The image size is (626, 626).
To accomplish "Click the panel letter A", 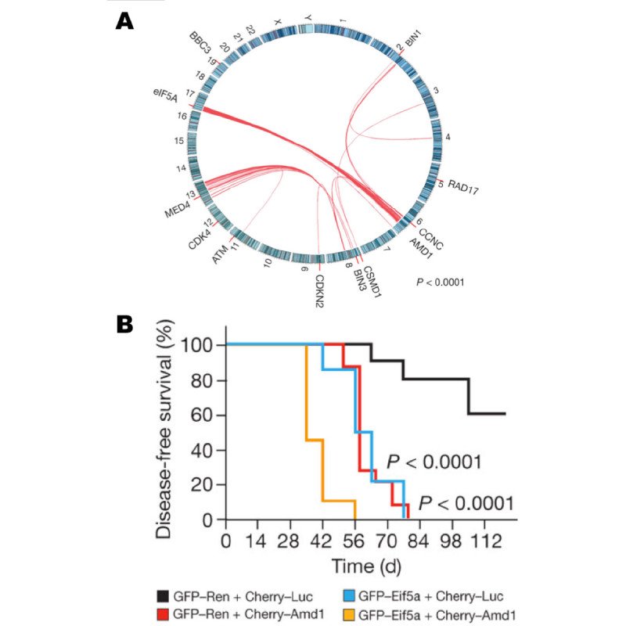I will [124, 21].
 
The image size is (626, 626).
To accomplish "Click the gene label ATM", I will [222, 251].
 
